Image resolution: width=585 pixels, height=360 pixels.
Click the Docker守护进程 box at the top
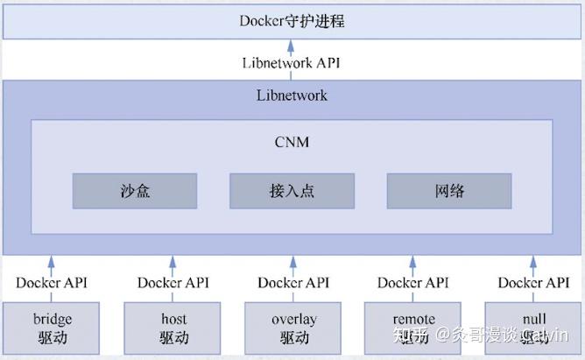point(292,20)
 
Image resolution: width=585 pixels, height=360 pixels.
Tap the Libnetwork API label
point(292,63)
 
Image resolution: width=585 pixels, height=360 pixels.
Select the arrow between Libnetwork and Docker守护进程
point(292,47)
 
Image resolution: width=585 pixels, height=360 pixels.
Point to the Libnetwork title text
point(292,95)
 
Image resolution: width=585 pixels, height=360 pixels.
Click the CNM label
point(292,142)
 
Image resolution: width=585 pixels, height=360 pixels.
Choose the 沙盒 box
point(134,190)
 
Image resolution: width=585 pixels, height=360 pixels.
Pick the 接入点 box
point(292,190)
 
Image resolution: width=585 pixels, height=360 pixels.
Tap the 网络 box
point(449,190)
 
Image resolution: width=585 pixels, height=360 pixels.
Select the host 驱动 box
point(173,328)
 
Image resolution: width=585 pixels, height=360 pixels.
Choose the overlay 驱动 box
point(293,328)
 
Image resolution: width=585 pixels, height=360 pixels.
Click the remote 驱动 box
point(413,328)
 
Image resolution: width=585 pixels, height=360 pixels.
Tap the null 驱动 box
point(533,328)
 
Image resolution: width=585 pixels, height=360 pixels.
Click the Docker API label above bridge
point(52,282)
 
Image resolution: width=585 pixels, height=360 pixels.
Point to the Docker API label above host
point(173,282)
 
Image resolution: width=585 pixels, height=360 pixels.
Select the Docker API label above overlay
point(293,282)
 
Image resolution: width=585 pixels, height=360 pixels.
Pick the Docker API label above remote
point(413,282)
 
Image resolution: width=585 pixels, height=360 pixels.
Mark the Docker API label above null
point(533,282)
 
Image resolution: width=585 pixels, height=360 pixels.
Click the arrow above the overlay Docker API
point(293,264)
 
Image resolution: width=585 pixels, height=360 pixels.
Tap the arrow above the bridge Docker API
point(52,264)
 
